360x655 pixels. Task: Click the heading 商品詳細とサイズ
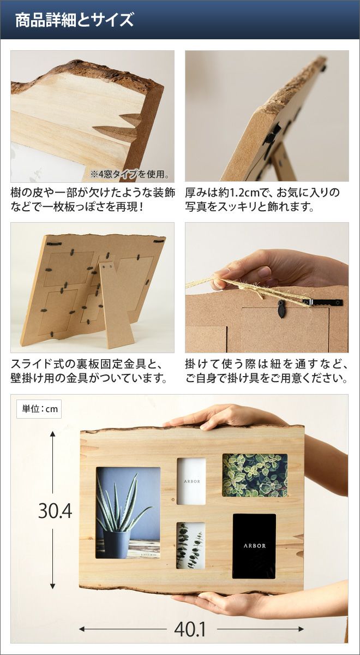tap(74, 20)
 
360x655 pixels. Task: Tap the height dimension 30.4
tap(55, 511)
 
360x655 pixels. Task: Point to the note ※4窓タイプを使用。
tap(130, 175)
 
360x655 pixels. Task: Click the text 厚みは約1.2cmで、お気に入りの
tap(262, 193)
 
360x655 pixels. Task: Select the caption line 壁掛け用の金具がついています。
tap(89, 378)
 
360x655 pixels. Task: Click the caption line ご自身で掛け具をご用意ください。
tap(267, 378)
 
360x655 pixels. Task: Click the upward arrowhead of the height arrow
tap(52, 434)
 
